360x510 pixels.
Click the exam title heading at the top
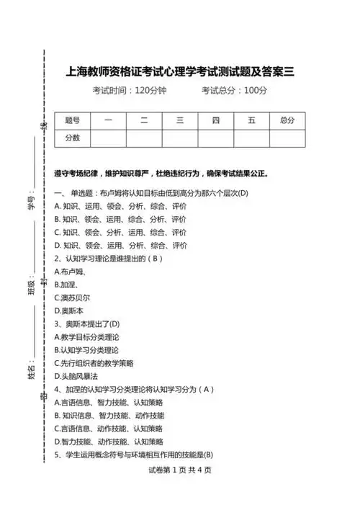(x=180, y=72)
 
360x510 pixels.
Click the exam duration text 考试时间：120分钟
(x=130, y=91)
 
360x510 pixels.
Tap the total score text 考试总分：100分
(x=234, y=91)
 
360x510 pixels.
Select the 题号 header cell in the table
(x=73, y=120)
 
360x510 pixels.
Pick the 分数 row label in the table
(x=73, y=138)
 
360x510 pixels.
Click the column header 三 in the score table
(x=180, y=120)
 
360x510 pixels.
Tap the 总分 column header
(x=287, y=120)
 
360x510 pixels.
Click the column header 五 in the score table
(x=251, y=120)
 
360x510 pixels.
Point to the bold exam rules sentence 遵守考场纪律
(x=161, y=174)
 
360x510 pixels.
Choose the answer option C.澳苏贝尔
(x=72, y=297)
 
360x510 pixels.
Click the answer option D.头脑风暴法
(x=76, y=376)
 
